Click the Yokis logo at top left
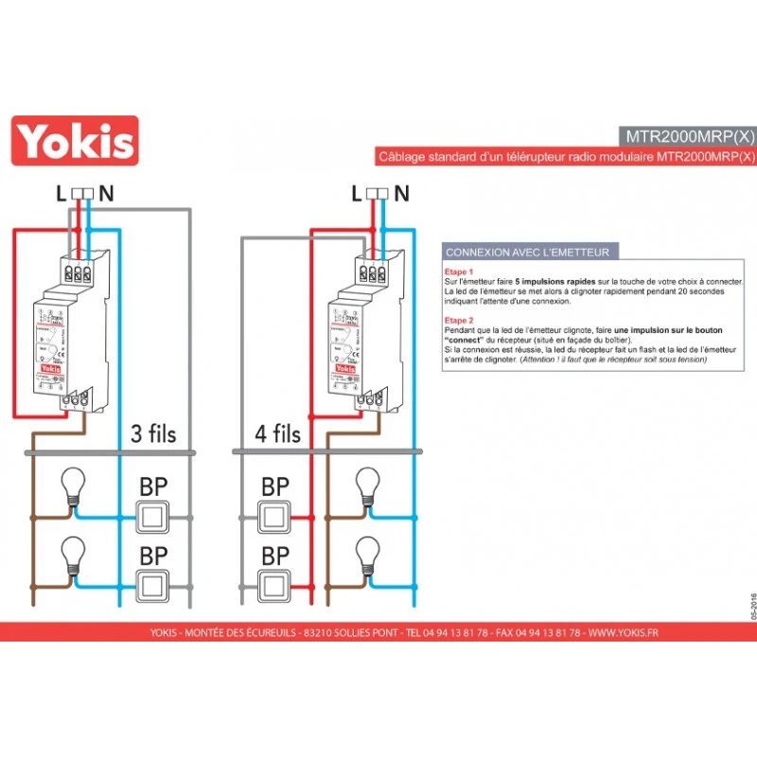click(74, 141)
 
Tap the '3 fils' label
click(152, 434)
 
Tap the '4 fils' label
click(277, 434)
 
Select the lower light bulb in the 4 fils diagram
click(365, 554)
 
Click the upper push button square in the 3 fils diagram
click(153, 518)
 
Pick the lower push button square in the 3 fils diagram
click(153, 587)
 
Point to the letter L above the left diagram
click(61, 194)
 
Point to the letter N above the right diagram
click(402, 194)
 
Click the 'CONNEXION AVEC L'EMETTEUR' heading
click(527, 252)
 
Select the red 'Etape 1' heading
click(459, 272)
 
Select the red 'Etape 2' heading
click(459, 320)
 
